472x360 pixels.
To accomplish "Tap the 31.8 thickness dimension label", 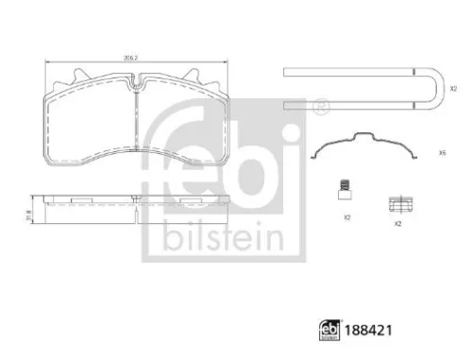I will (29, 211).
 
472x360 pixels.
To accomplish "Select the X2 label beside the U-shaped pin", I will (453, 88).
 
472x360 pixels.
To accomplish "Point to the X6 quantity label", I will (442, 153).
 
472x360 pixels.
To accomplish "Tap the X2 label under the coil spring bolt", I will (346, 217).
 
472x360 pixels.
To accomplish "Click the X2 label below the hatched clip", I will (400, 225).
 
